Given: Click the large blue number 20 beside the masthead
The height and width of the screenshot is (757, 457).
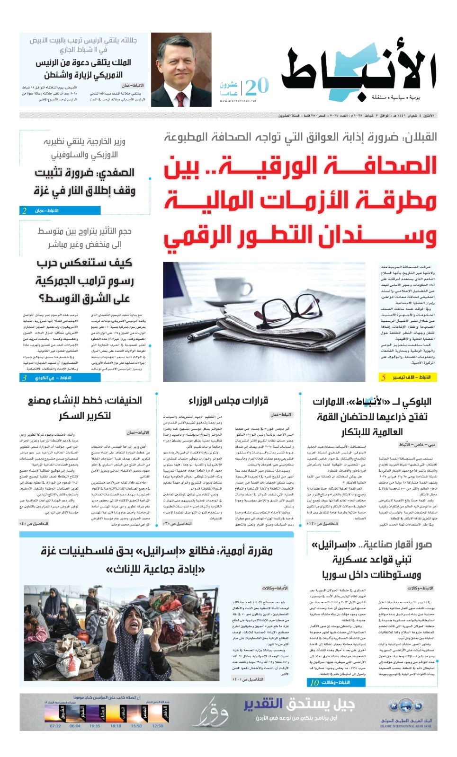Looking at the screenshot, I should tap(257, 87).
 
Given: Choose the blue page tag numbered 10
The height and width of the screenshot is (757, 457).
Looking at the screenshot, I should tap(337, 682).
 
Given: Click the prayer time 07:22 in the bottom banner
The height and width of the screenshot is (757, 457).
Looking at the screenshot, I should tap(55, 725).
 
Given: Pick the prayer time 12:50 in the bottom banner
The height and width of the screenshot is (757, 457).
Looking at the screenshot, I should tap(158, 725).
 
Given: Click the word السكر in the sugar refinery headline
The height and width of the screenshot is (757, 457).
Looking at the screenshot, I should tap(71, 415).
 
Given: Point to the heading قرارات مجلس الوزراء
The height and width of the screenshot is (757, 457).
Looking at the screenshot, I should tap(228, 401).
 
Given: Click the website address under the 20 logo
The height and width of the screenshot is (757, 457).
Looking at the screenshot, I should tap(238, 101).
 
